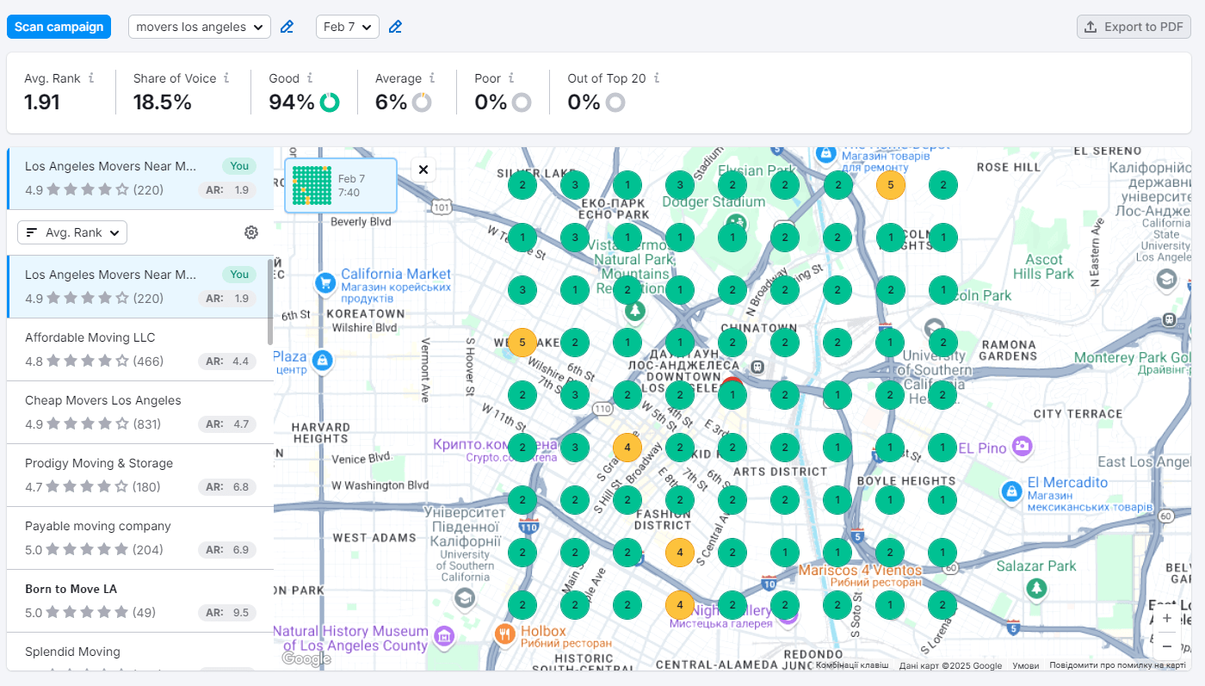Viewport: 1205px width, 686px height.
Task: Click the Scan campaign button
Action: pyautogui.click(x=59, y=27)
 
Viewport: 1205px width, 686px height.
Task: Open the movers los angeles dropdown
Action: pyautogui.click(x=200, y=27)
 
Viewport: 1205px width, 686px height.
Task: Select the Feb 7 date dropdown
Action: pyautogui.click(x=348, y=27)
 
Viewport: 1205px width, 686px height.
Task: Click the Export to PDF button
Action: pyautogui.click(x=1134, y=27)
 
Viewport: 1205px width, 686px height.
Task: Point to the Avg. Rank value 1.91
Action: pyautogui.click(x=42, y=102)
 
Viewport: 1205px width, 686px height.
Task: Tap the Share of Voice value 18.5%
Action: pyautogui.click(x=163, y=102)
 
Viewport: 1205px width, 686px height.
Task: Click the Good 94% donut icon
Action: pyautogui.click(x=329, y=102)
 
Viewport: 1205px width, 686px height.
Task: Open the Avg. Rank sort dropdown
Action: pyautogui.click(x=72, y=232)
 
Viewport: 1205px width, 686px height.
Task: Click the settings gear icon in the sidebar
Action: pyautogui.click(x=251, y=232)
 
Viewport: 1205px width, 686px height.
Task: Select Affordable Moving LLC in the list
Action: pyautogui.click(x=90, y=337)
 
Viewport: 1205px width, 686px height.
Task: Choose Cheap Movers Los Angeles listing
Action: pyautogui.click(x=103, y=400)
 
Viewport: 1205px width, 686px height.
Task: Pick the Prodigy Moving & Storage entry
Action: pyautogui.click(x=99, y=463)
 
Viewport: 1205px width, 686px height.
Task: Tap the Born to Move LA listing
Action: pyautogui.click(x=71, y=589)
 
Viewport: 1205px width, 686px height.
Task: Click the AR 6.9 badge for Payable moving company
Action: pyautogui.click(x=227, y=550)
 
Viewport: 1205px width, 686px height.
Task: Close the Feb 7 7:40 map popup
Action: pyautogui.click(x=423, y=170)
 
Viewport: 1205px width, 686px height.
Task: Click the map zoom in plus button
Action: pyautogui.click(x=1166, y=618)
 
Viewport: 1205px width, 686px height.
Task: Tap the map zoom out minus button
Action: pyautogui.click(x=1166, y=646)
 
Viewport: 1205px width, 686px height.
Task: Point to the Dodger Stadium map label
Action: pyautogui.click(x=714, y=201)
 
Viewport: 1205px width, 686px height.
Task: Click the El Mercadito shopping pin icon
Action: pyautogui.click(x=1011, y=491)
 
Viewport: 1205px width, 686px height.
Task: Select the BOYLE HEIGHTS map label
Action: pyautogui.click(x=907, y=481)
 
